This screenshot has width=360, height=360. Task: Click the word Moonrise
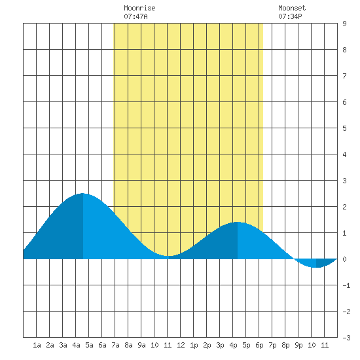coord(139,8)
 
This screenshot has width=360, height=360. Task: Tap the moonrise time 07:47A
coord(135,16)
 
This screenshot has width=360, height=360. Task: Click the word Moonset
coord(292,8)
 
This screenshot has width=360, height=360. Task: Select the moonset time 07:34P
coord(290,16)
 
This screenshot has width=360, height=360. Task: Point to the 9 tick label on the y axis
coord(344,24)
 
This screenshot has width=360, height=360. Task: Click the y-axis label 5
coord(344,128)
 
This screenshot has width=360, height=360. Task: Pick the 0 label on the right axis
coord(344,259)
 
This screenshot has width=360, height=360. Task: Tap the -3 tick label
coord(346,338)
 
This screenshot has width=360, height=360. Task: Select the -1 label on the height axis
coord(346,285)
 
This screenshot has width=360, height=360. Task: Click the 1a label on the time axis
coord(37,345)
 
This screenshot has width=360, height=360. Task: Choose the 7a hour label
coord(115,345)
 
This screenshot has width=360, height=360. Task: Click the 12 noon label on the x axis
coord(181,345)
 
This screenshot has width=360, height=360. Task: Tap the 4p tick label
coord(233,345)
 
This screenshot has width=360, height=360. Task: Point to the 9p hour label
coord(298,345)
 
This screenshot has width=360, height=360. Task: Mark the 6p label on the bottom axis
coord(259,345)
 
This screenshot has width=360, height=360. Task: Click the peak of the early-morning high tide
coord(82,194)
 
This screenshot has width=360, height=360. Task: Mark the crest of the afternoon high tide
coord(238,223)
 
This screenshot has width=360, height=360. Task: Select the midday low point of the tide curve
coord(168,256)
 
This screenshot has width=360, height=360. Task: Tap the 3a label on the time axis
coord(63,345)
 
